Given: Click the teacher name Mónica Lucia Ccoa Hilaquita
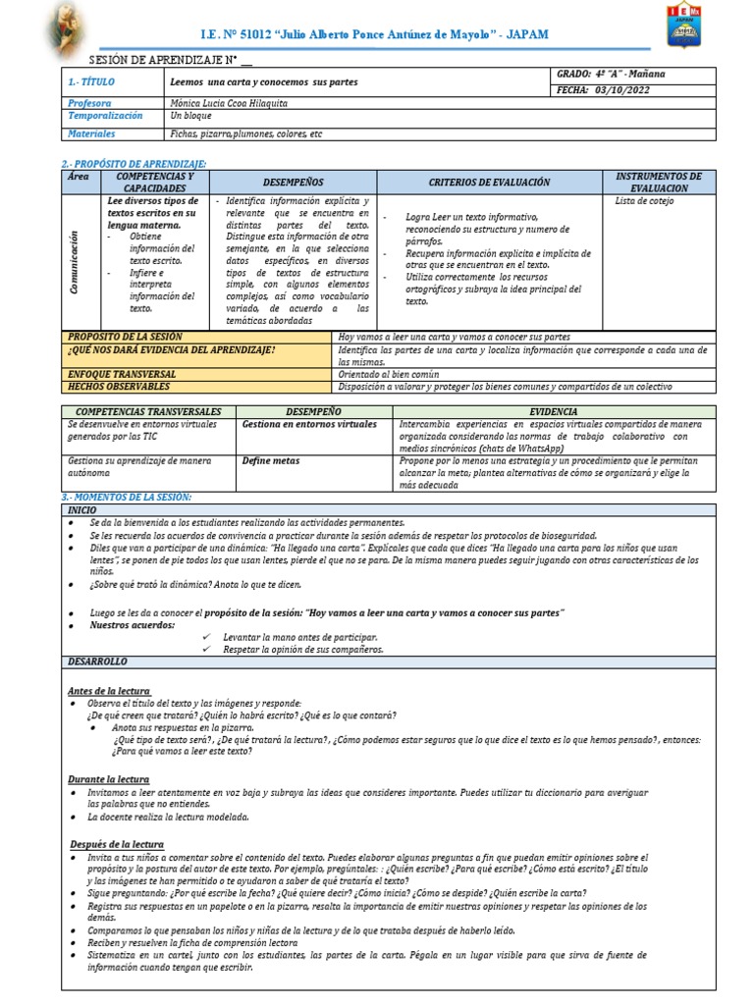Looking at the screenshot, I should pyautogui.click(x=227, y=103).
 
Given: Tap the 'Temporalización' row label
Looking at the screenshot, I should pyautogui.click(x=105, y=116).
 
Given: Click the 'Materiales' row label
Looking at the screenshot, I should pyautogui.click(x=91, y=133).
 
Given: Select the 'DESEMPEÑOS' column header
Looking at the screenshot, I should pyautogui.click(x=293, y=183).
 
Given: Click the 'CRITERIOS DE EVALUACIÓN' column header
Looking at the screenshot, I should pyautogui.click(x=489, y=183).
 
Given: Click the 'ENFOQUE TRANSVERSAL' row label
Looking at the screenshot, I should pyautogui.click(x=121, y=374).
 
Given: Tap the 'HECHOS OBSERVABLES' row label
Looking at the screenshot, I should pyautogui.click(x=119, y=387).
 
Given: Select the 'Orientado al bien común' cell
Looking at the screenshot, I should pyautogui.click(x=389, y=374).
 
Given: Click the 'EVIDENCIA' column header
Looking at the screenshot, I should pyautogui.click(x=553, y=411).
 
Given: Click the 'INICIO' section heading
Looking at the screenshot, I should pyautogui.click(x=82, y=511).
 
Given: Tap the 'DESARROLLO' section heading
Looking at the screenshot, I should pyautogui.click(x=97, y=662).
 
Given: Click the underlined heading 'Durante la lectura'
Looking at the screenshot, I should pyautogui.click(x=108, y=778).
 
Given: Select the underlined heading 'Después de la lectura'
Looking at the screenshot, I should pyautogui.click(x=117, y=844).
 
